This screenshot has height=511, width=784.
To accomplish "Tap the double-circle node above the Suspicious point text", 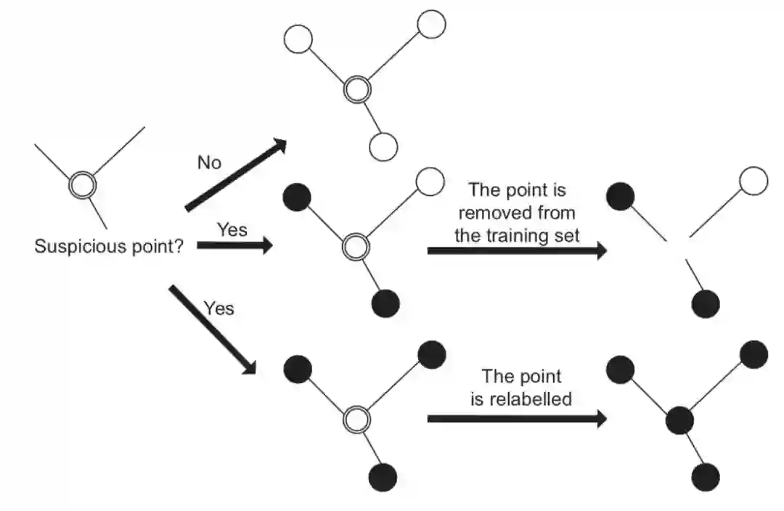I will [82, 186].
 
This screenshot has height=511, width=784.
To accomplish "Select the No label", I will [209, 163].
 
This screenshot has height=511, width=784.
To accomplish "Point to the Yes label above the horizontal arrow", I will [232, 230].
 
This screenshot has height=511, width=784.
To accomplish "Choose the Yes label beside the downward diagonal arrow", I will [219, 308].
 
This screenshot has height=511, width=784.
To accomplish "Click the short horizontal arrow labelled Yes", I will [234, 246].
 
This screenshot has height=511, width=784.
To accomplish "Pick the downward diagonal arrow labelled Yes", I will [212, 330].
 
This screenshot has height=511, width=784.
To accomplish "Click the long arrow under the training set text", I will [516, 250].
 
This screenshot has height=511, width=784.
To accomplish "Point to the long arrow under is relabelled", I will [516, 419].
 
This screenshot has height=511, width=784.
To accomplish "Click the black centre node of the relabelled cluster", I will [679, 420].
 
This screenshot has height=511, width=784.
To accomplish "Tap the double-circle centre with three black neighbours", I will [356, 419].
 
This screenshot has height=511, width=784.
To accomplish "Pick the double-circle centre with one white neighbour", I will [356, 247].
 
